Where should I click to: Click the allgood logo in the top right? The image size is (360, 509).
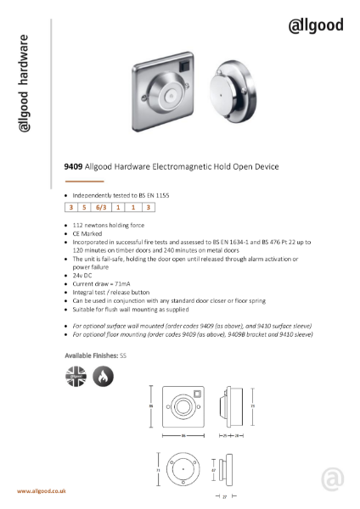317,25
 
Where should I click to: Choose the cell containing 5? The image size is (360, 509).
86,206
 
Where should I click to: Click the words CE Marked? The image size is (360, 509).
89,232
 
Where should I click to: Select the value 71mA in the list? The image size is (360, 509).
126,284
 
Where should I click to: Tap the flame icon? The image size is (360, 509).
100,374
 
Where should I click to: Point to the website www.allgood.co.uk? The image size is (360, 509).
43,491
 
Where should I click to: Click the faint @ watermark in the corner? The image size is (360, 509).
333,481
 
